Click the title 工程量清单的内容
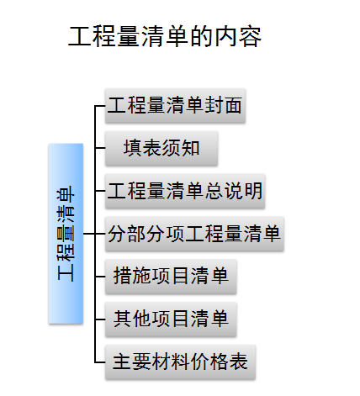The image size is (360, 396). tap(165, 36)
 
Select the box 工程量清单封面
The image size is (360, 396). tap(175, 106)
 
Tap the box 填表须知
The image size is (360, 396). tap(161, 148)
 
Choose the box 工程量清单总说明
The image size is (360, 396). tap(185, 191)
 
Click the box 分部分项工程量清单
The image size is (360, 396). tap(194, 234)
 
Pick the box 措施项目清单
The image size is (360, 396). tap(171, 277)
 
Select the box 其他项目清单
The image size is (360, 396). tap(171, 319)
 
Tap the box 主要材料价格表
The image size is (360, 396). tap(180, 362)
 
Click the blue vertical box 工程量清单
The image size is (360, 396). tap(66, 234)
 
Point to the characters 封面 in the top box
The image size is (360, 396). tap(223, 105)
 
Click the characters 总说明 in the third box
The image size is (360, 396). tap(234, 191)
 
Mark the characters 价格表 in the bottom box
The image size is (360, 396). tap(220, 362)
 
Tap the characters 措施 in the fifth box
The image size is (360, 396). tap(132, 277)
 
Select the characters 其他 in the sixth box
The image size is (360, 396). tap(132, 319)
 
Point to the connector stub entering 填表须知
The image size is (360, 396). tap(100, 148)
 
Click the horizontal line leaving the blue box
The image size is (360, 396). tap(89, 234)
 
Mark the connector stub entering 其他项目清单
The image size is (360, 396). tap(100, 319)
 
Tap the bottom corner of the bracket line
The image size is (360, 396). tap(95, 362)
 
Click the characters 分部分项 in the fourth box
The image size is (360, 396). tap(146, 234)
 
